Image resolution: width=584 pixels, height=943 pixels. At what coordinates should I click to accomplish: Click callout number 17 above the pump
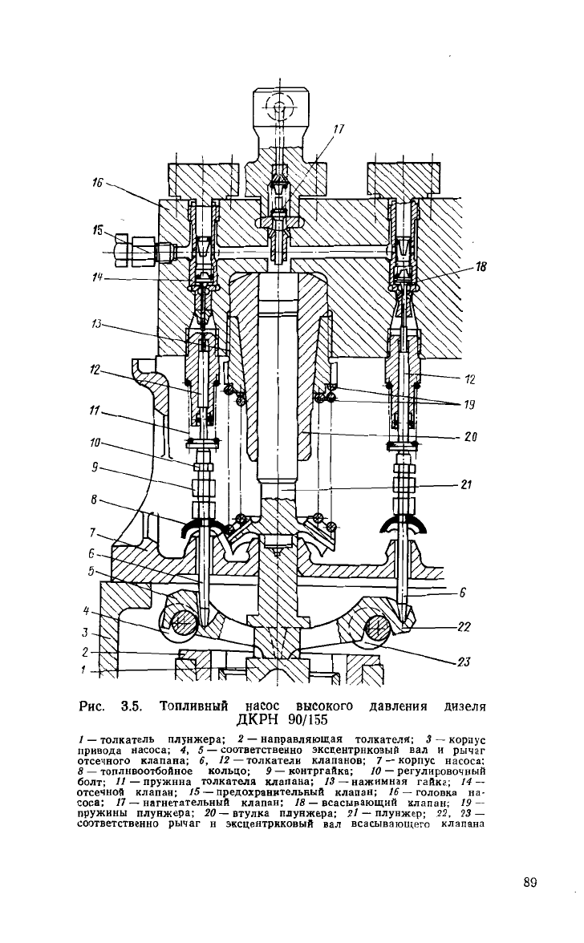(339, 128)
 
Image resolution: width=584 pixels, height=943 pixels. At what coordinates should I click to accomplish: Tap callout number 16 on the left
(97, 183)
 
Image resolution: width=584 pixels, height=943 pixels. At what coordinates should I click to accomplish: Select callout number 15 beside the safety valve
(97, 230)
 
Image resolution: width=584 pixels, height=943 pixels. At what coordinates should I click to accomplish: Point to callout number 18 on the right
(481, 266)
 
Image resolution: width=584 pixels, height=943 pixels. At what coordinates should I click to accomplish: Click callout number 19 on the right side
(470, 404)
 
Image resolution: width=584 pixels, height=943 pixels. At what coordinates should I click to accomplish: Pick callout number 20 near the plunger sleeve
(470, 436)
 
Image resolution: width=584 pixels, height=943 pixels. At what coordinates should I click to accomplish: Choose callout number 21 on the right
(466, 484)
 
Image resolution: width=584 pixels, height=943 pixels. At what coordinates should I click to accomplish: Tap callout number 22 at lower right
(464, 627)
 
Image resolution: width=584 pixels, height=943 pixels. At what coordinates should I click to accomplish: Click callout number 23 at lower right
(463, 662)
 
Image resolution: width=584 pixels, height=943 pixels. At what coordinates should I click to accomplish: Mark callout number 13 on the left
(96, 324)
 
